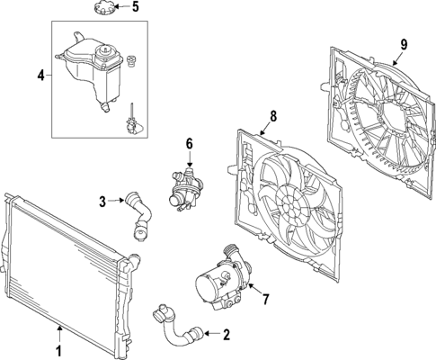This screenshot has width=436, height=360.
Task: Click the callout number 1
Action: point(60,349)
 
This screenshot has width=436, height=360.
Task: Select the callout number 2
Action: point(226,335)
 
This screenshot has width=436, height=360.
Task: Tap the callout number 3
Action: point(103,200)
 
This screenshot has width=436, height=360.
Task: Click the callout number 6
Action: point(189,143)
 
